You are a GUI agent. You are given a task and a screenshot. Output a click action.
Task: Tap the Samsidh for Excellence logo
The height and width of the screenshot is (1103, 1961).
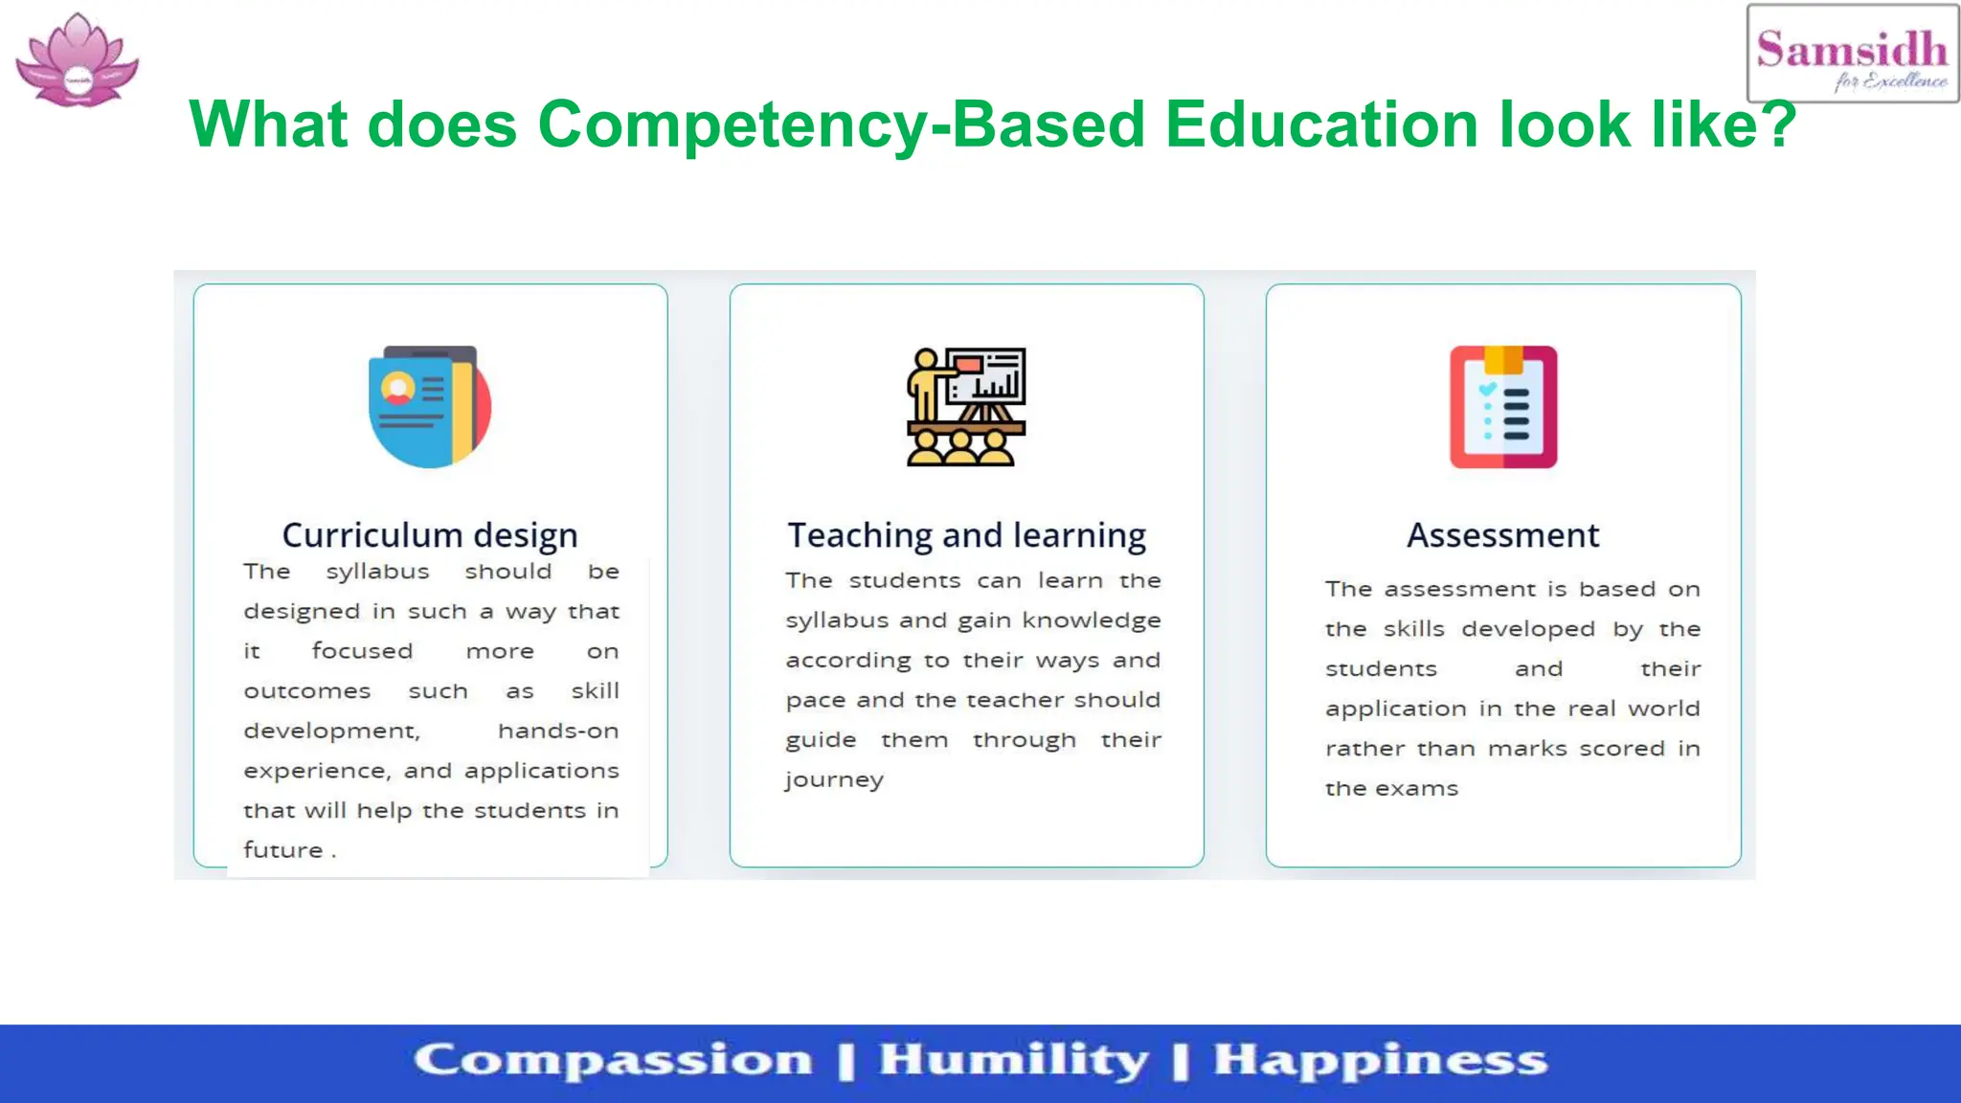1852,55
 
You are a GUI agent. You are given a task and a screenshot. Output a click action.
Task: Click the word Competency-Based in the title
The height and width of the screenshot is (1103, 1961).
842,125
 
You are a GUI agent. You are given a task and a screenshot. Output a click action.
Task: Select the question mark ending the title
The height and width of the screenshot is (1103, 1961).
1779,125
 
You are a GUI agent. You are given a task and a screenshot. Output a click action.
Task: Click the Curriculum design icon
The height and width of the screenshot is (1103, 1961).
430,407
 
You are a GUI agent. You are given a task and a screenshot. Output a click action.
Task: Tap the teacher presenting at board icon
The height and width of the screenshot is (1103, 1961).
966,407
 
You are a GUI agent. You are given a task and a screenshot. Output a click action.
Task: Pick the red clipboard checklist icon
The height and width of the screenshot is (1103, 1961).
1503,407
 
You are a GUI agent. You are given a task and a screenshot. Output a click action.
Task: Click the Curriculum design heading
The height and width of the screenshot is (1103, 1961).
430,535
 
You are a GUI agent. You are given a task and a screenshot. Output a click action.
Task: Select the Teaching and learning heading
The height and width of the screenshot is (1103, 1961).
966,535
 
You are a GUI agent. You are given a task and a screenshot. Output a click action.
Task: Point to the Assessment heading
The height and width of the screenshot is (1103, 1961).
1503,535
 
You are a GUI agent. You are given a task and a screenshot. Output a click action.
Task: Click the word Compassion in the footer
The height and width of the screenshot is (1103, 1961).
613,1061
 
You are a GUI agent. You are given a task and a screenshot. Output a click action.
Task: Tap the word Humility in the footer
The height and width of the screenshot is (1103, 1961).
1013,1061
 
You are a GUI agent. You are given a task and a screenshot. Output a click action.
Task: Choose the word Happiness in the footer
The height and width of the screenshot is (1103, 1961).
1380,1061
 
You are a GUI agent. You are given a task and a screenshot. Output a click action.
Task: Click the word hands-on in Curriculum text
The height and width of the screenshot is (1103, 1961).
558,732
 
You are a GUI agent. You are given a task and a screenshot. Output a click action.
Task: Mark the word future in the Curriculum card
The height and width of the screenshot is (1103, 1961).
283,850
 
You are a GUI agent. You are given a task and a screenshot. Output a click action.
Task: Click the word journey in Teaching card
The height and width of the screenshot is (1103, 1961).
834,780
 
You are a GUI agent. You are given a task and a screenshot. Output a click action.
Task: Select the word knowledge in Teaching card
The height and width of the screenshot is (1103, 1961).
1092,621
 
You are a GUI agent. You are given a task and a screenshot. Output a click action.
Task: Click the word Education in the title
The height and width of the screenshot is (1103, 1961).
1322,125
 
